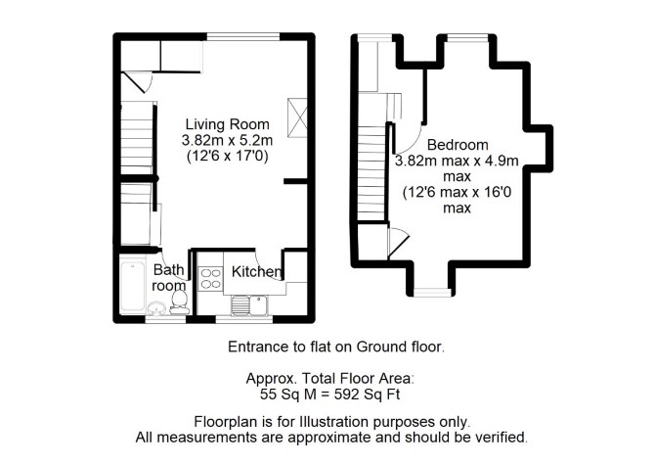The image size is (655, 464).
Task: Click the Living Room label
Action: [227, 124]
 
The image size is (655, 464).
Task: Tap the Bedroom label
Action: [458, 145]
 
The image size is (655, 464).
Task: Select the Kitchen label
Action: [256, 271]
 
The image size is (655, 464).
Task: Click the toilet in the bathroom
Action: [180, 302]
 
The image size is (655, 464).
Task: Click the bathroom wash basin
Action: [157, 308]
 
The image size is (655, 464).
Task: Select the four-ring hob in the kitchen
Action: [210, 279]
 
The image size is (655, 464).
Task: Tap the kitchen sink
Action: [250, 305]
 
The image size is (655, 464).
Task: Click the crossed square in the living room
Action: [297, 117]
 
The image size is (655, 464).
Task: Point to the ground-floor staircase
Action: [137, 138]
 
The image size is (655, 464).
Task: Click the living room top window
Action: [243, 37]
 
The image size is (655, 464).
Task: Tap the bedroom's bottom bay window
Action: [432, 293]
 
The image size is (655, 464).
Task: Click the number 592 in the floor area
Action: [346, 394]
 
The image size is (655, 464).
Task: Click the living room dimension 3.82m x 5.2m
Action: [227, 140]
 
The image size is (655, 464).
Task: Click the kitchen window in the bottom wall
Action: [244, 319]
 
